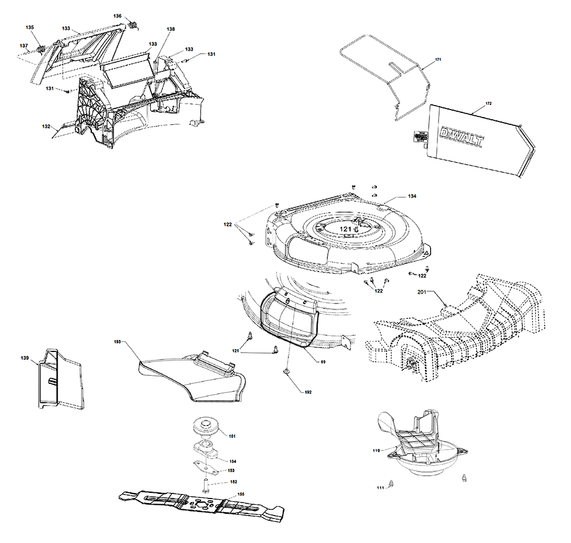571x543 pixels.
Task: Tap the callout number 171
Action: click(x=438, y=60)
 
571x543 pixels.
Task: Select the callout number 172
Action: click(x=488, y=103)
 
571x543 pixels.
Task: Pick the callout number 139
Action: click(x=25, y=358)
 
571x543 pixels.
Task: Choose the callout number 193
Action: click(x=118, y=341)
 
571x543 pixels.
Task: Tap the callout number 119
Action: click(x=376, y=451)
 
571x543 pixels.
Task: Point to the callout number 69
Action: click(x=323, y=362)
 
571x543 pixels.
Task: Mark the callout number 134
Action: click(x=412, y=196)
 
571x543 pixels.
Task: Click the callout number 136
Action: click(x=117, y=15)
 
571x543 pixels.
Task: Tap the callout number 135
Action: click(x=30, y=27)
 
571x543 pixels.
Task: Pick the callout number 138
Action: click(x=171, y=29)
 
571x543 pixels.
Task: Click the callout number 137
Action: click(x=24, y=45)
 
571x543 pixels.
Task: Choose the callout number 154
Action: click(x=232, y=460)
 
